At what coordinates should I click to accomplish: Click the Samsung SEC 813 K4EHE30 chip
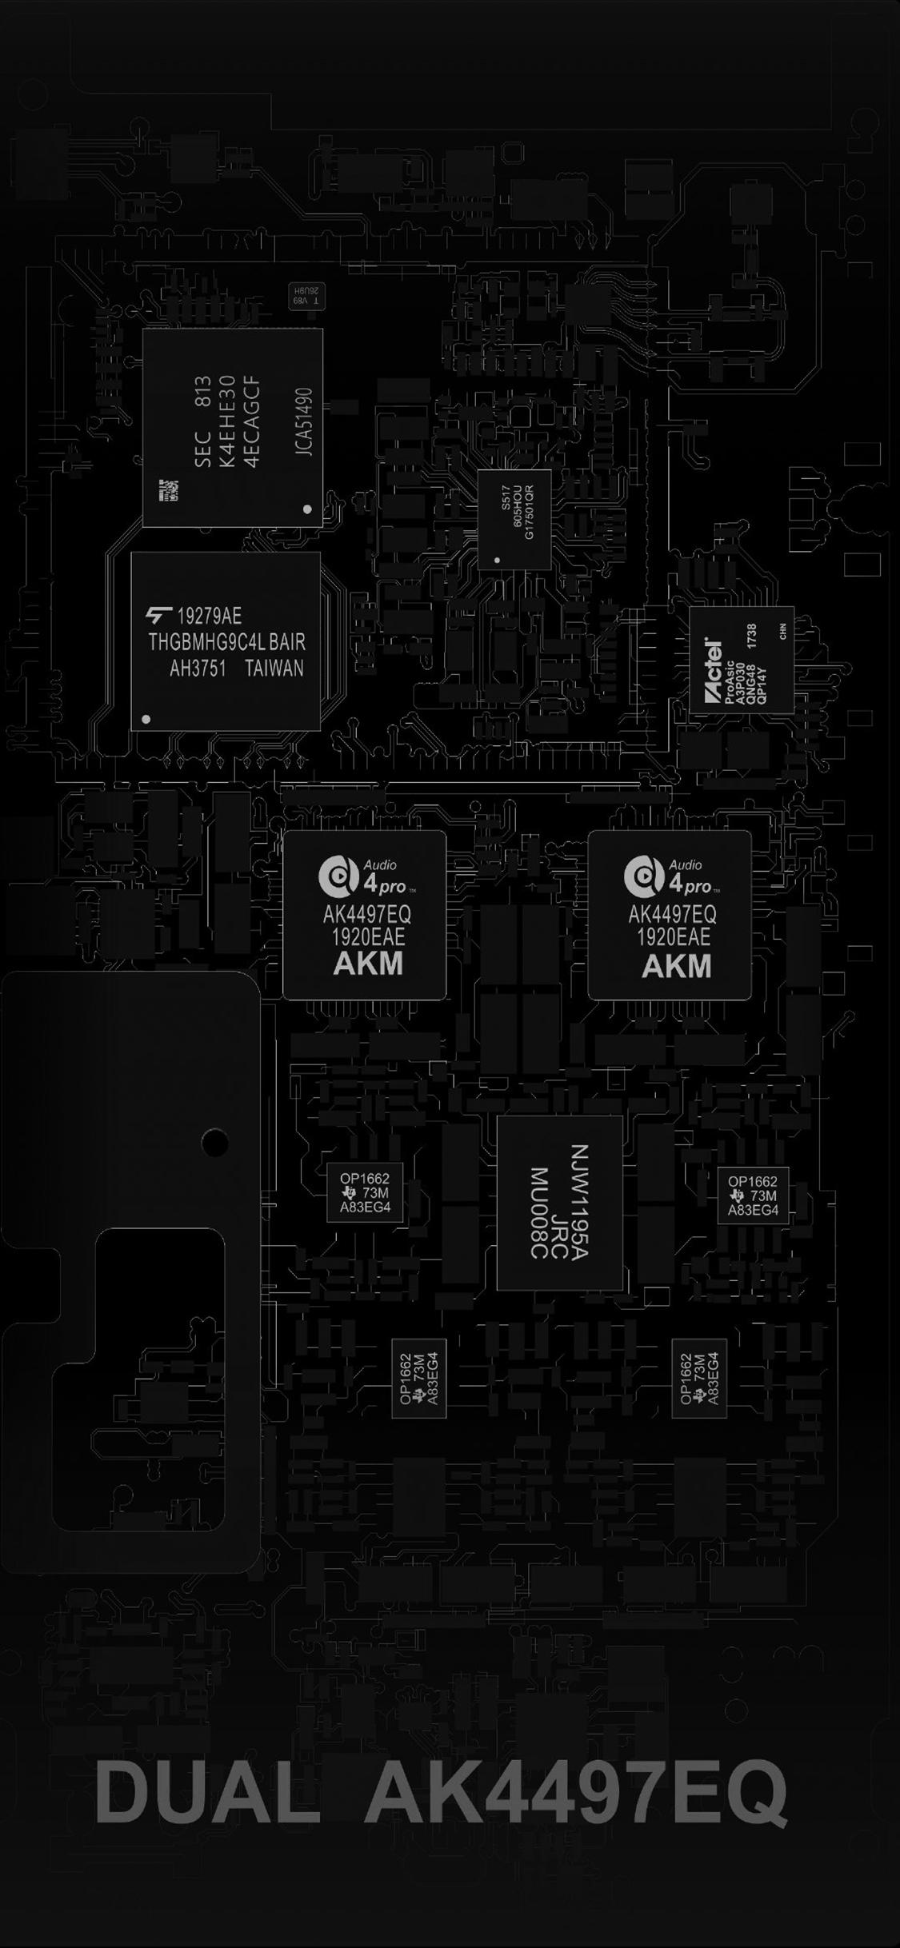pyautogui.click(x=233, y=427)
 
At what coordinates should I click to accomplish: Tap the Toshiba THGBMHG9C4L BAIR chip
pyautogui.click(x=226, y=641)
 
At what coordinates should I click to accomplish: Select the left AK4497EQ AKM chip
pyautogui.click(x=365, y=915)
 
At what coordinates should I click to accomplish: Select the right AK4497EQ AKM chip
pyautogui.click(x=670, y=915)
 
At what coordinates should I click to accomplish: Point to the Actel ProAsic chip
pyautogui.click(x=742, y=661)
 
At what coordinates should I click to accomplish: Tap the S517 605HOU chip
pyautogui.click(x=515, y=520)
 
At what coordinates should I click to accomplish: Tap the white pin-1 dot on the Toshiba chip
pyautogui.click(x=146, y=719)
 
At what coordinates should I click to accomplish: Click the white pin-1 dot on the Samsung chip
pyautogui.click(x=307, y=509)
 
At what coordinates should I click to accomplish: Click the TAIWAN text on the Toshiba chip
pyautogui.click(x=274, y=669)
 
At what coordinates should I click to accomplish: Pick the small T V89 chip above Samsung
pyautogui.click(x=307, y=296)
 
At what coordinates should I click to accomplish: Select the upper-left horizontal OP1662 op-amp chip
pyautogui.click(x=365, y=1192)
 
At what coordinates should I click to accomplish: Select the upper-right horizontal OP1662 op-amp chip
pyautogui.click(x=753, y=1195)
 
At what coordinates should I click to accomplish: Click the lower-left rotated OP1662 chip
pyautogui.click(x=418, y=1378)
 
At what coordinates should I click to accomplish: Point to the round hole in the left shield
pyautogui.click(x=214, y=1143)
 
